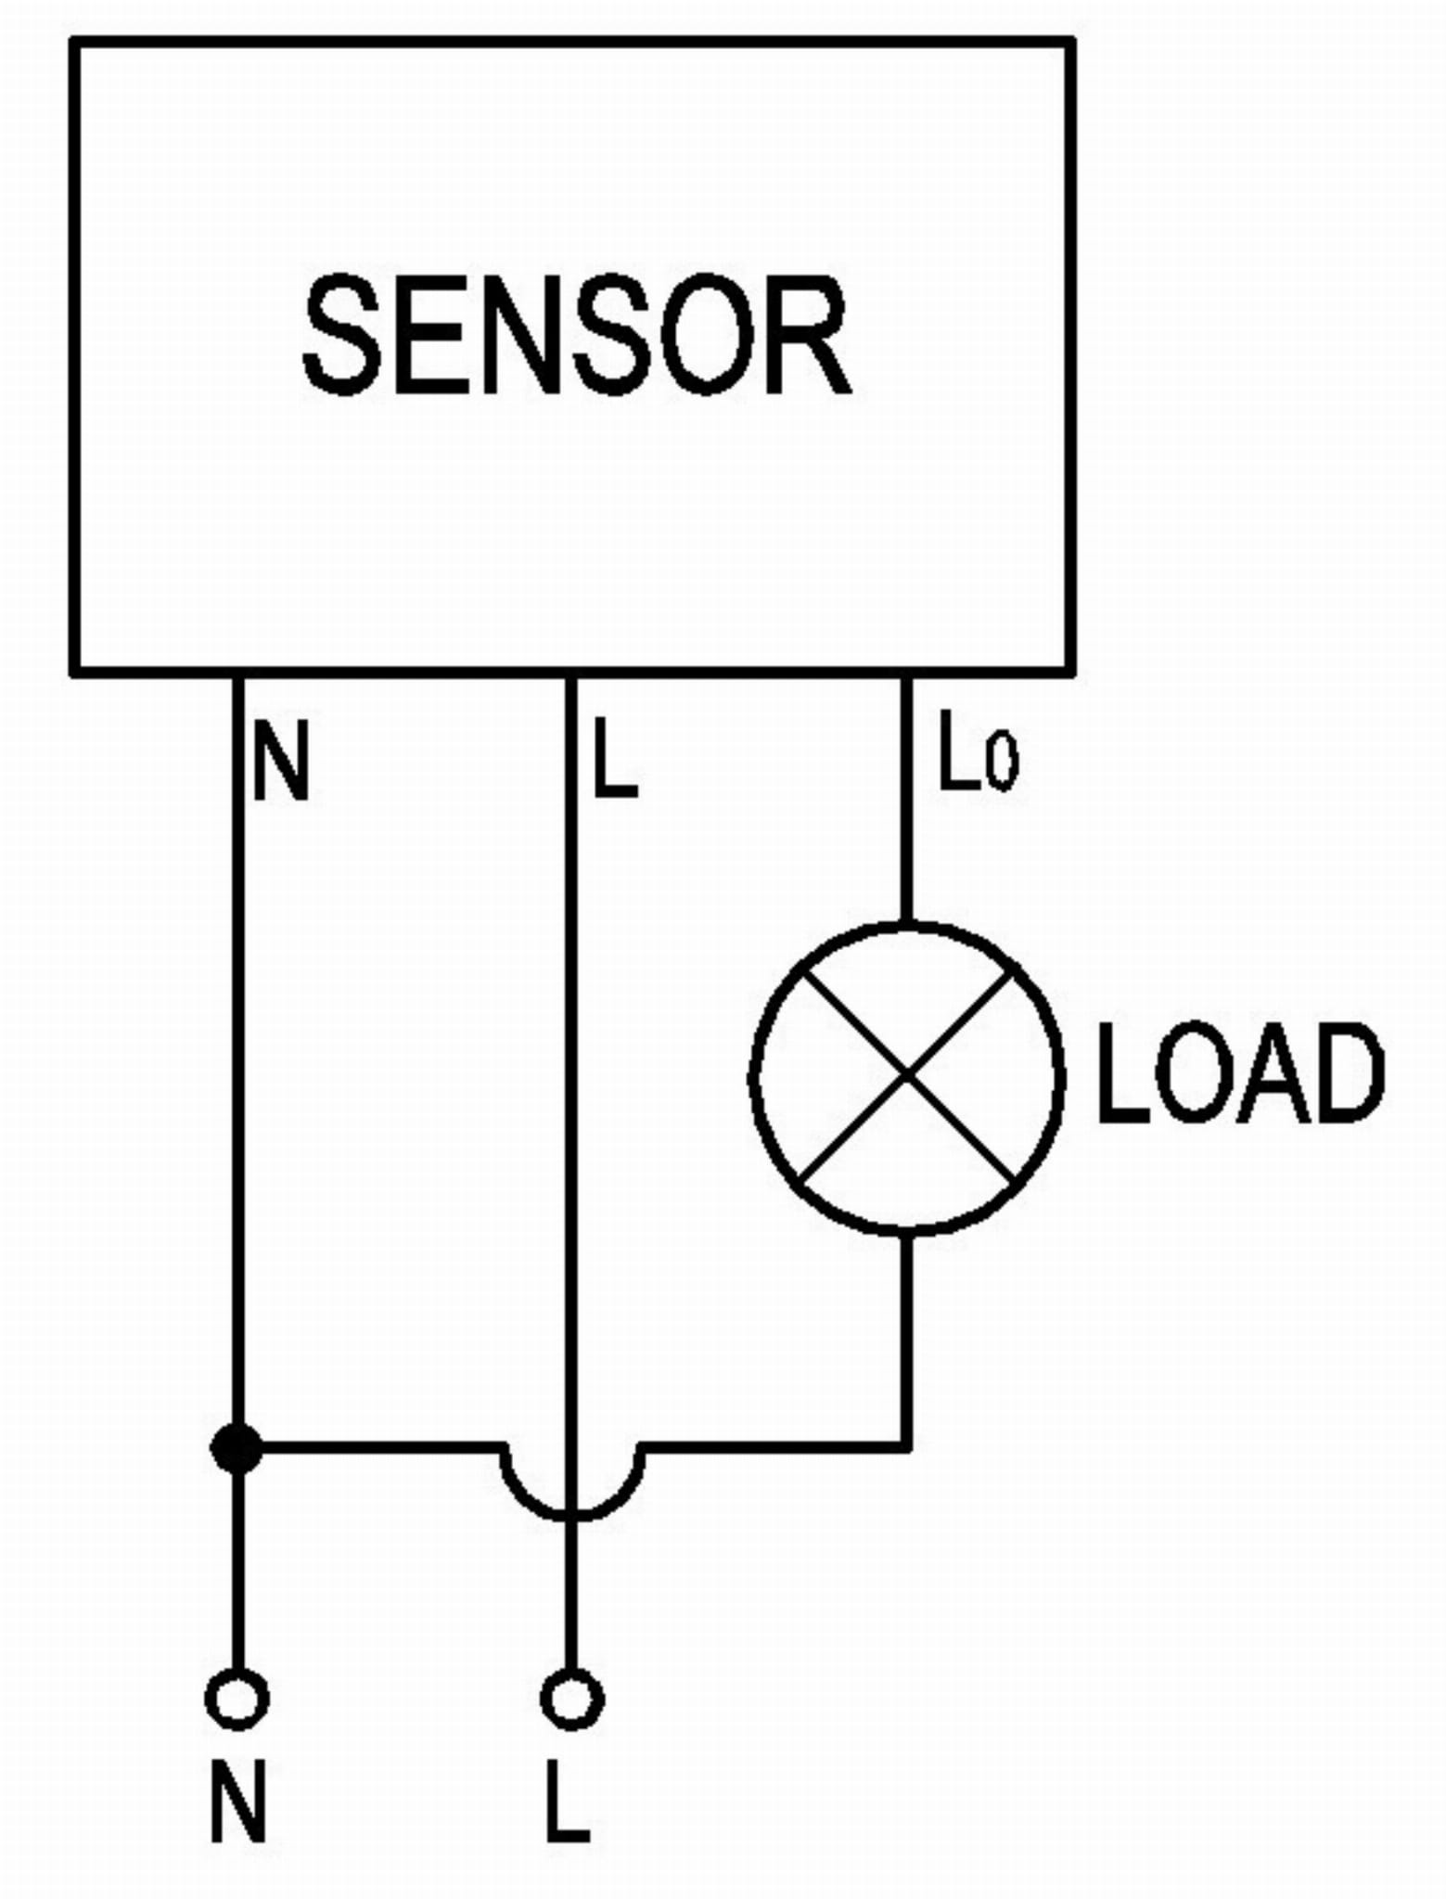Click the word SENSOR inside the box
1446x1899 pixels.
pyautogui.click(x=576, y=336)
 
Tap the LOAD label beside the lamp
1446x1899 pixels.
pyautogui.click(x=1239, y=1074)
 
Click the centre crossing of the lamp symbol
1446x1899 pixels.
pyautogui.click(x=906, y=1077)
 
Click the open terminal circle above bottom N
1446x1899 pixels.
pyautogui.click(x=237, y=1699)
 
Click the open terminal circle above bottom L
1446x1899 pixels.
pyautogui.click(x=571, y=1699)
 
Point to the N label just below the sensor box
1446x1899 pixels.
pyautogui.click(x=280, y=762)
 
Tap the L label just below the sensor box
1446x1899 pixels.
pyautogui.click(x=614, y=759)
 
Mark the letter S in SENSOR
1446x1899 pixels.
pyautogui.click(x=342, y=336)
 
